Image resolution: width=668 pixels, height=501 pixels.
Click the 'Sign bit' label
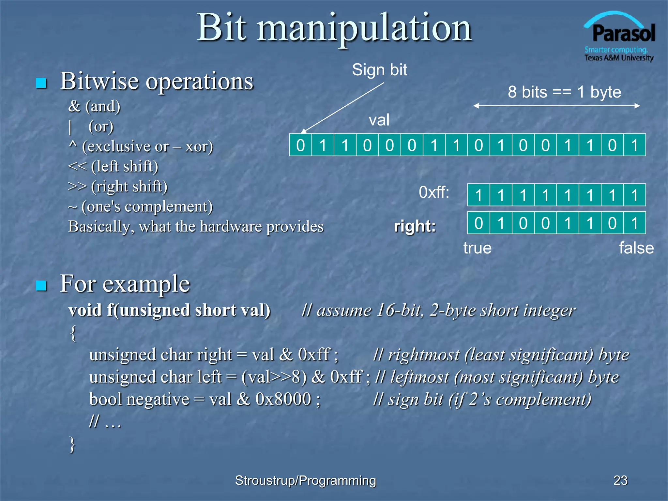click(379, 70)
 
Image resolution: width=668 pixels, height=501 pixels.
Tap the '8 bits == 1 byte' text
click(564, 92)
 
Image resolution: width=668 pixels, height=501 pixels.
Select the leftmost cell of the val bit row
click(300, 145)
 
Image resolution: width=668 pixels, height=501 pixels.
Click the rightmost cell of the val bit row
click(634, 145)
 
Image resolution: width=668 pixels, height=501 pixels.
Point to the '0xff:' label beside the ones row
click(433, 192)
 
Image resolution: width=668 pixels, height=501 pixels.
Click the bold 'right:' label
click(415, 226)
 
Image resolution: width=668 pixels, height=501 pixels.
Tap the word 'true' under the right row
click(477, 248)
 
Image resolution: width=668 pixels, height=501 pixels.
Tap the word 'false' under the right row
click(636, 248)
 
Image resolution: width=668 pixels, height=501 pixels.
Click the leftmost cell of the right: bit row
click(478, 223)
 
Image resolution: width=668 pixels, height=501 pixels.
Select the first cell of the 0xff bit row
click(478, 195)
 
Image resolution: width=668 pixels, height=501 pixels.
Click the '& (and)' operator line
click(94, 106)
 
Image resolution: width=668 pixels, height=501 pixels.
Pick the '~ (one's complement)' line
click(140, 206)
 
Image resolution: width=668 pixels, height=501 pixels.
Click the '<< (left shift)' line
click(113, 166)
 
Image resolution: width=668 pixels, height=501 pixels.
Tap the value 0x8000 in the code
click(283, 399)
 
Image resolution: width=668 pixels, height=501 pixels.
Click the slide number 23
click(620, 480)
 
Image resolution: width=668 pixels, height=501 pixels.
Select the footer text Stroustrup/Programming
click(305, 480)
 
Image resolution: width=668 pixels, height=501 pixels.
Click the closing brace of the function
click(72, 444)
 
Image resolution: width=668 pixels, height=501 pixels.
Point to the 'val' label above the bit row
click(379, 120)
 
